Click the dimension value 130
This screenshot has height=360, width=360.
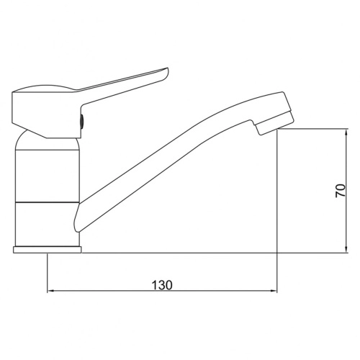(162, 285)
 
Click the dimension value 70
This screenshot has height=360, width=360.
(341, 191)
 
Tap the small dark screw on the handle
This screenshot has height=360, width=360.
(82, 121)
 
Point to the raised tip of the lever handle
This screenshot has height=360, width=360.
(166, 71)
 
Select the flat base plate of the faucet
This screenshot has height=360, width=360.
(48, 250)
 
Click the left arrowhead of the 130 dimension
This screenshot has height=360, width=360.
(50, 291)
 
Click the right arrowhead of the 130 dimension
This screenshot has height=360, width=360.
(274, 291)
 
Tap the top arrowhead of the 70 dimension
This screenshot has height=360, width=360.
(346, 132)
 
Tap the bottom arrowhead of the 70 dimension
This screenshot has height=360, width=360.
(346, 249)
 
